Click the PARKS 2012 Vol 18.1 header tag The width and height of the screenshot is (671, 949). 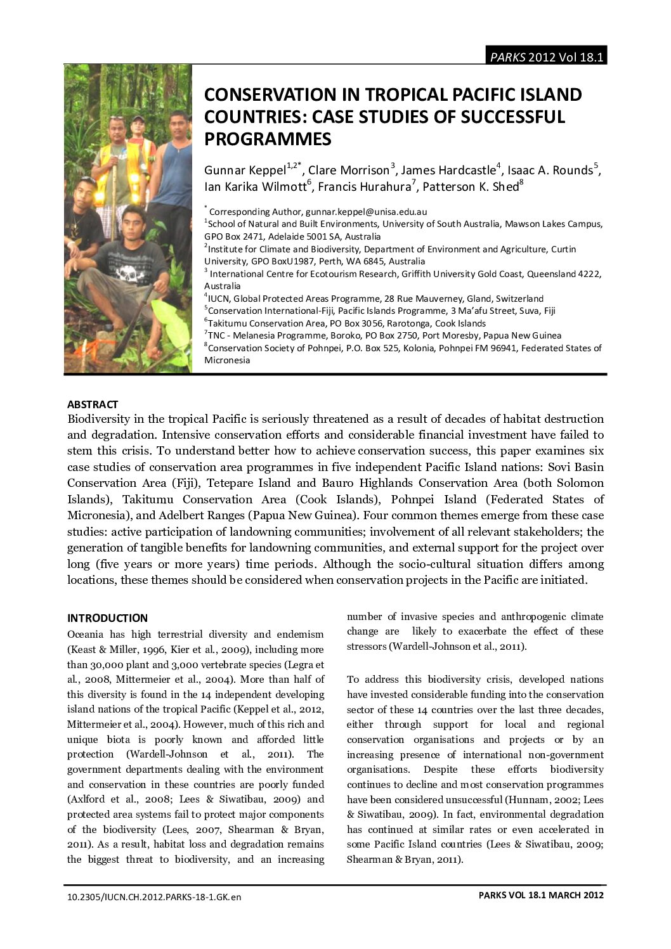click(545, 57)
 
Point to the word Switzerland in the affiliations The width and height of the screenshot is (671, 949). click(519, 298)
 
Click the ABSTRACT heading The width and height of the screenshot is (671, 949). click(93, 404)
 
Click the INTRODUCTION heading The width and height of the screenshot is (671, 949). click(107, 618)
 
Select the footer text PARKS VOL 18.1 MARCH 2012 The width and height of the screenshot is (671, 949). click(540, 895)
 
